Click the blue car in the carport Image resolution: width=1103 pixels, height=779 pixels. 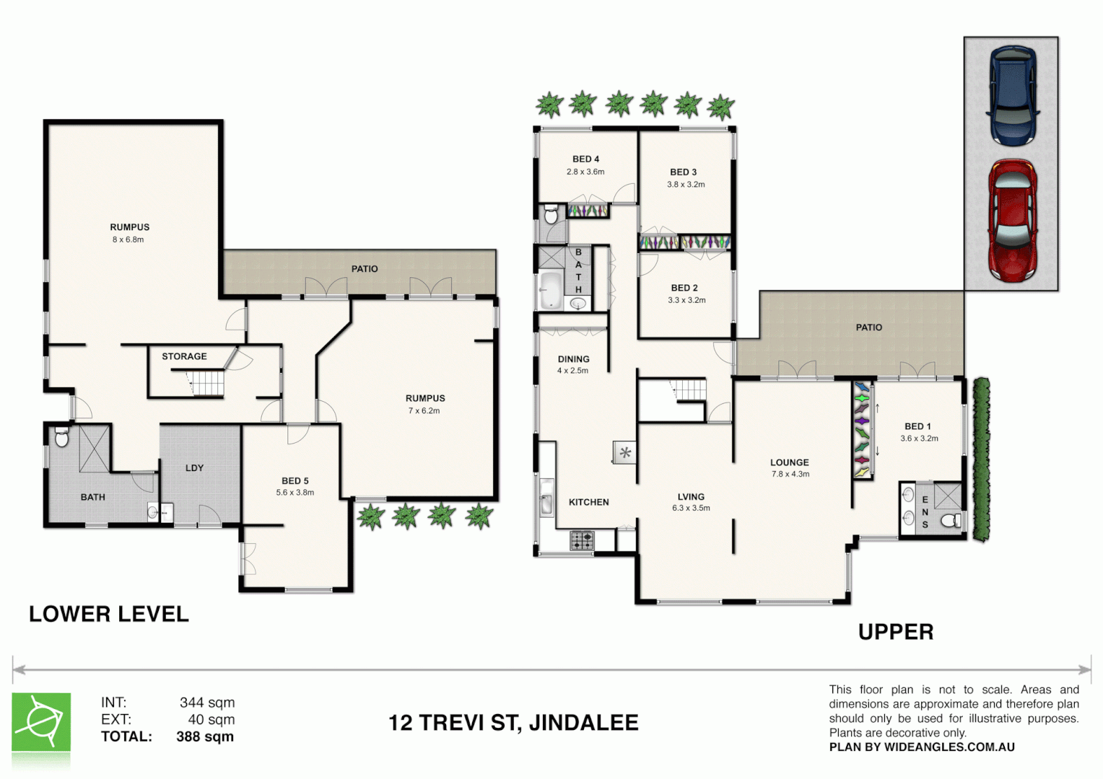[1013, 94]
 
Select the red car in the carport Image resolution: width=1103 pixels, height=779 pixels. [1013, 221]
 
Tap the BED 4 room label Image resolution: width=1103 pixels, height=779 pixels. [585, 159]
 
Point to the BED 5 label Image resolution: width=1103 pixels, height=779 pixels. [295, 481]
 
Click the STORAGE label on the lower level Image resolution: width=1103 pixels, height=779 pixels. [184, 356]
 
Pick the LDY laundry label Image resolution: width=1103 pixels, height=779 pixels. [194, 468]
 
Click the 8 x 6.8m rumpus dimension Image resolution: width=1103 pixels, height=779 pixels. [128, 239]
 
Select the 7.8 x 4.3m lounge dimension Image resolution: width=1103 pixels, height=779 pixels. [790, 475]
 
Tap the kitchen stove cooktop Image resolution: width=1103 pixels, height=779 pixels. [582, 540]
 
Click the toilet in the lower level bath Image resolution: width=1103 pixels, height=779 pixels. [62, 437]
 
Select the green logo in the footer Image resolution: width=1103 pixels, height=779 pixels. [41, 722]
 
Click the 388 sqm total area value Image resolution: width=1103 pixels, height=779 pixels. [205, 736]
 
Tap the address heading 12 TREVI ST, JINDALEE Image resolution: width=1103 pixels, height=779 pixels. [513, 723]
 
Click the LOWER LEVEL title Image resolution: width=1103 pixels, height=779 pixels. [109, 615]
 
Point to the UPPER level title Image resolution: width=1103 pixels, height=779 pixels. [895, 633]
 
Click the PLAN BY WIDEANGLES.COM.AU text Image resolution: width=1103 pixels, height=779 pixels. [922, 747]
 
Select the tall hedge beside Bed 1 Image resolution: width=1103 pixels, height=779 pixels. [981, 459]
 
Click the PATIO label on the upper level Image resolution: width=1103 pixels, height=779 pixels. [868, 327]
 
